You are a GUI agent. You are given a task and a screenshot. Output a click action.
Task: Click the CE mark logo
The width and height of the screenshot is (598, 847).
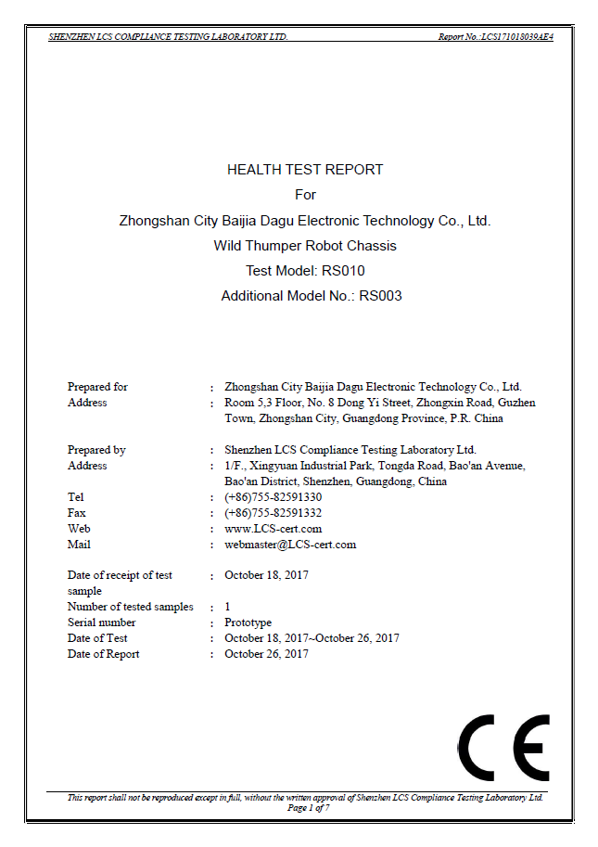pyautogui.click(x=503, y=748)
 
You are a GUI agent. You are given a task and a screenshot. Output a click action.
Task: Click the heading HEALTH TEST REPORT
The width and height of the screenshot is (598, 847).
pyautogui.click(x=305, y=170)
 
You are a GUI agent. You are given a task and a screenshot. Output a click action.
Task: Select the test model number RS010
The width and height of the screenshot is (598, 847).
pyautogui.click(x=343, y=271)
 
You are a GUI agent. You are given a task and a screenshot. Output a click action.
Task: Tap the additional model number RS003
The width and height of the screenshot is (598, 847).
pyautogui.click(x=380, y=296)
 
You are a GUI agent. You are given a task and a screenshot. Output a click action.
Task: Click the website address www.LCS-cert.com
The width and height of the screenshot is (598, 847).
pyautogui.click(x=273, y=529)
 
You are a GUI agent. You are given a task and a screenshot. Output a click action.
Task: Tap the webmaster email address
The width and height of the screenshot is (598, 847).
pyautogui.click(x=290, y=545)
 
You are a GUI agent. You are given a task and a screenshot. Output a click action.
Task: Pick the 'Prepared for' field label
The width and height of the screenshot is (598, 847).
pyautogui.click(x=97, y=387)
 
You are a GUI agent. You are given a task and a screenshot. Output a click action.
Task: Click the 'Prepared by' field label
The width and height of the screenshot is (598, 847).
pyautogui.click(x=96, y=450)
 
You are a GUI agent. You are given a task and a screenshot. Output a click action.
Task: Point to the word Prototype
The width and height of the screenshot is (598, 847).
pyautogui.click(x=248, y=622)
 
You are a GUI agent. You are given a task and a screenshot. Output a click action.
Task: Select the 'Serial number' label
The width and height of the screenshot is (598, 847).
pyautogui.click(x=101, y=622)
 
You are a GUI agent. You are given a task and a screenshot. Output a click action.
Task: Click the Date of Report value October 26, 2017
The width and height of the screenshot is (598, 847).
pyautogui.click(x=266, y=654)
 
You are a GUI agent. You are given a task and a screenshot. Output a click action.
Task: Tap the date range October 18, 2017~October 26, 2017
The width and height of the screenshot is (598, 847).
pyautogui.click(x=312, y=638)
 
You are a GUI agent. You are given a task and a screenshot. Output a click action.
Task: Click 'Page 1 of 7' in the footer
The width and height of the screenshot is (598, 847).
pyautogui.click(x=308, y=808)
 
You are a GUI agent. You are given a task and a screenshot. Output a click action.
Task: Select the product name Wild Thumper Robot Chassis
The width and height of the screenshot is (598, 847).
pyautogui.click(x=305, y=246)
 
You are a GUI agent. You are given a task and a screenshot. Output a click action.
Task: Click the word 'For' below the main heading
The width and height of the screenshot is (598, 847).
pyautogui.click(x=305, y=195)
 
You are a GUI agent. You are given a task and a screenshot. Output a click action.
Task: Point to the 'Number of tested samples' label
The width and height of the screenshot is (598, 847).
pyautogui.click(x=130, y=607)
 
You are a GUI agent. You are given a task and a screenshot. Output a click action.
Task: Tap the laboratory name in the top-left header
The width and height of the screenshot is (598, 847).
pyautogui.click(x=168, y=37)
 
